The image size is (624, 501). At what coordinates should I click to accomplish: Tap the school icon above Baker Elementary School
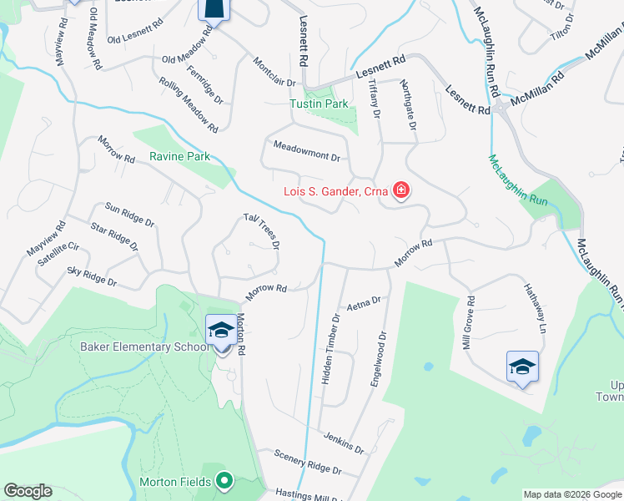point(220,331)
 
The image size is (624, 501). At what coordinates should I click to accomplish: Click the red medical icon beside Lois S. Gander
point(401,191)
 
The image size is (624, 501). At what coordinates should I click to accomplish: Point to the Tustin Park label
point(319,104)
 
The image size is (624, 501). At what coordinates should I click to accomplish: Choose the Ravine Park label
point(179,156)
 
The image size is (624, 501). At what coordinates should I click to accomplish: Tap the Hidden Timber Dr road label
point(331,349)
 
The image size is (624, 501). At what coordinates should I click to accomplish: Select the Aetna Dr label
point(363,301)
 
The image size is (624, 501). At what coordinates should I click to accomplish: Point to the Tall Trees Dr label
point(261,230)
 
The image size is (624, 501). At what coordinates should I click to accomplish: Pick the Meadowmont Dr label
point(307,151)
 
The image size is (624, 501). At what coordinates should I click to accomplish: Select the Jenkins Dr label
point(345,443)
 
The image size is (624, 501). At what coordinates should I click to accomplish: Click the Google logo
point(28,491)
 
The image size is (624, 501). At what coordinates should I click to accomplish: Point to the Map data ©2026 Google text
point(571,494)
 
